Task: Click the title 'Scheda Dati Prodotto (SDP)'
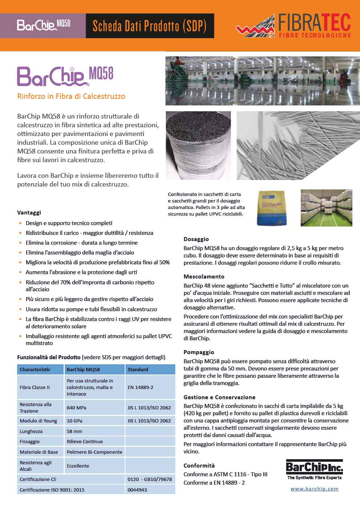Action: (x=149, y=26)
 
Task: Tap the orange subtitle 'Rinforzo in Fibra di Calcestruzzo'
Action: (x=71, y=96)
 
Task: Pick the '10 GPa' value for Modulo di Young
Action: (x=75, y=421)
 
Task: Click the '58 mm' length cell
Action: (x=75, y=431)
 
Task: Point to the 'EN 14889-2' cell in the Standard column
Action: (x=140, y=387)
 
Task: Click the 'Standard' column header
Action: (x=138, y=369)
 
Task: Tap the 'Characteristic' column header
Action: (x=35, y=369)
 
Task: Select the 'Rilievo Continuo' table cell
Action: (x=85, y=441)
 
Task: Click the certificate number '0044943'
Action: (x=137, y=490)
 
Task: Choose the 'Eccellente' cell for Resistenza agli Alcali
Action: (x=78, y=466)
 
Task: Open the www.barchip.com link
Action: (x=314, y=489)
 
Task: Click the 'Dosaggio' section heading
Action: (x=196, y=239)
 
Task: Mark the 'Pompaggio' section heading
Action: (x=199, y=352)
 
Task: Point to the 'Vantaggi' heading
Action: (x=29, y=212)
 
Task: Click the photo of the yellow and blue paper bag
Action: (x=272, y=208)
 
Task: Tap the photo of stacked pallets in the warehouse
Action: (x=326, y=208)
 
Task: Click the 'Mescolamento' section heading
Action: (x=204, y=277)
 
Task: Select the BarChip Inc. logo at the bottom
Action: (x=314, y=470)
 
